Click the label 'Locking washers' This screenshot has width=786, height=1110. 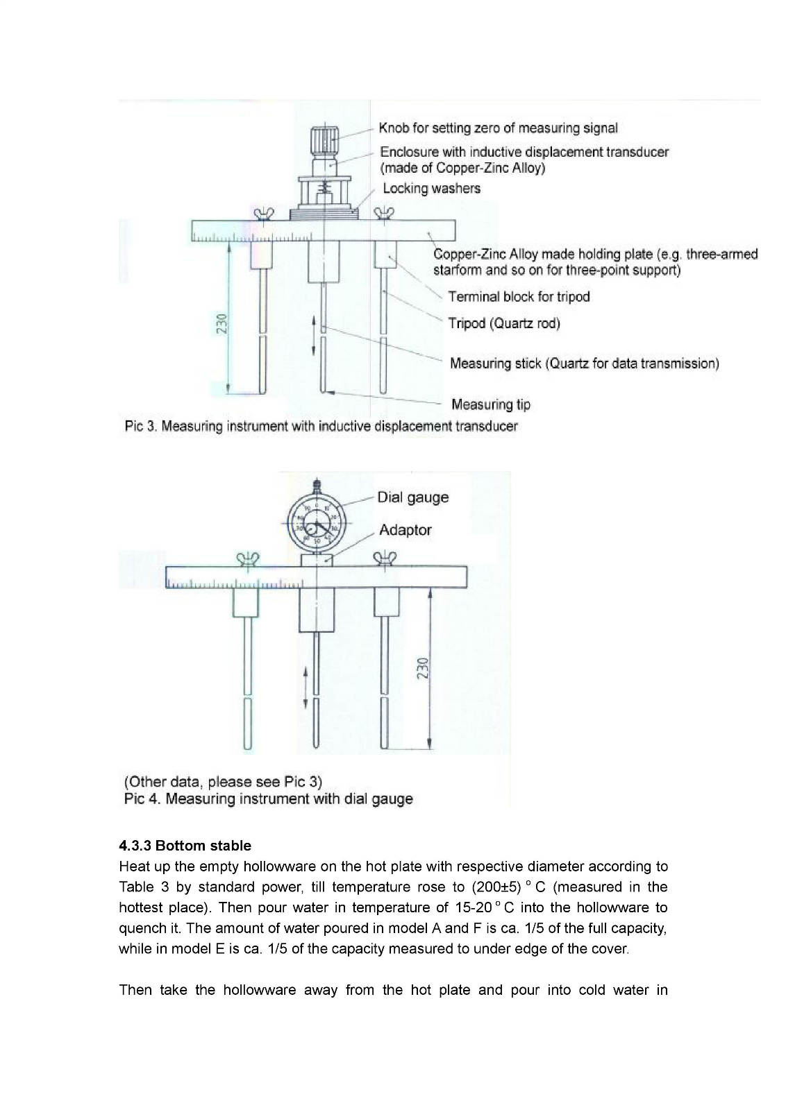click(431, 188)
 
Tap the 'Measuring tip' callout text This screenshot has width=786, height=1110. click(490, 404)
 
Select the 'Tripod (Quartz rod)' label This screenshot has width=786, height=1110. click(503, 323)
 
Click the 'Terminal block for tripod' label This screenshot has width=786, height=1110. click(519, 297)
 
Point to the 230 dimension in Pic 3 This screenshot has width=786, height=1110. click(221, 323)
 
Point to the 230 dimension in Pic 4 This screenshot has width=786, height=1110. click(424, 668)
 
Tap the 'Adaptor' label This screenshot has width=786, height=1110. click(405, 530)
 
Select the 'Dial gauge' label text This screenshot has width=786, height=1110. click(412, 497)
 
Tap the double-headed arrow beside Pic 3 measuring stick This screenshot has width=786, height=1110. click(314, 336)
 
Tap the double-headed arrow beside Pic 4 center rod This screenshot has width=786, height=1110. click(306, 688)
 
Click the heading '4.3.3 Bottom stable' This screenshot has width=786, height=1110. click(185, 846)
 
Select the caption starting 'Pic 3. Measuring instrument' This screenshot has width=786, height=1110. click(321, 426)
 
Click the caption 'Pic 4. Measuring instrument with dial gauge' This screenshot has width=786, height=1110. click(268, 799)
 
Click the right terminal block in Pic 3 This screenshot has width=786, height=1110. click(385, 255)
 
